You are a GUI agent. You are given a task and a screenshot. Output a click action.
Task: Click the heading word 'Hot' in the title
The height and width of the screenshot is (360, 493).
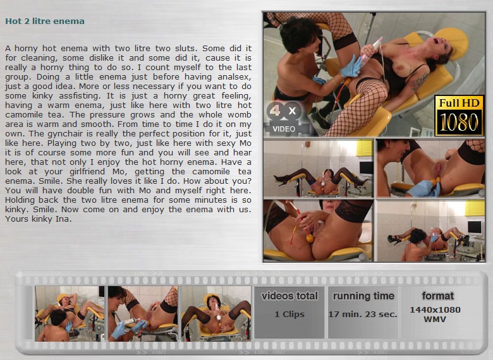(x=13, y=21)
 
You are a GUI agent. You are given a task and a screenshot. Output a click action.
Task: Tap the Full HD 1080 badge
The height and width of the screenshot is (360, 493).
(x=459, y=116)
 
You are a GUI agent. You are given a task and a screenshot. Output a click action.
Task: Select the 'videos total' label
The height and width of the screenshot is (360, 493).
(x=289, y=296)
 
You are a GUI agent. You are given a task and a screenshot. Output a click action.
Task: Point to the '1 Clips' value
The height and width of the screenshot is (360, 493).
(x=289, y=314)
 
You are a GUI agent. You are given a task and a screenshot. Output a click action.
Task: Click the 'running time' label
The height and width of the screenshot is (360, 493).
(x=363, y=296)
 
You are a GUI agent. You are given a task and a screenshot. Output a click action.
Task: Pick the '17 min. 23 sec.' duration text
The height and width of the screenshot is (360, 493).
(x=363, y=314)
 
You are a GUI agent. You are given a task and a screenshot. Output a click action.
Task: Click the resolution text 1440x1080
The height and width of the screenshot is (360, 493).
(x=435, y=309)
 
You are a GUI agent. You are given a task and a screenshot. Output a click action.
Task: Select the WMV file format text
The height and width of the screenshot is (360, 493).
(x=435, y=319)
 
